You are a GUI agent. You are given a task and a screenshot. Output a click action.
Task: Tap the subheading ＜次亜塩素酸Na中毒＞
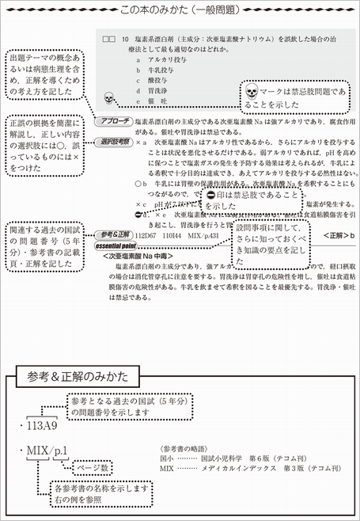tap(142, 256)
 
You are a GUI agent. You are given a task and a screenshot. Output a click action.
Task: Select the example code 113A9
tap(36, 424)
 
